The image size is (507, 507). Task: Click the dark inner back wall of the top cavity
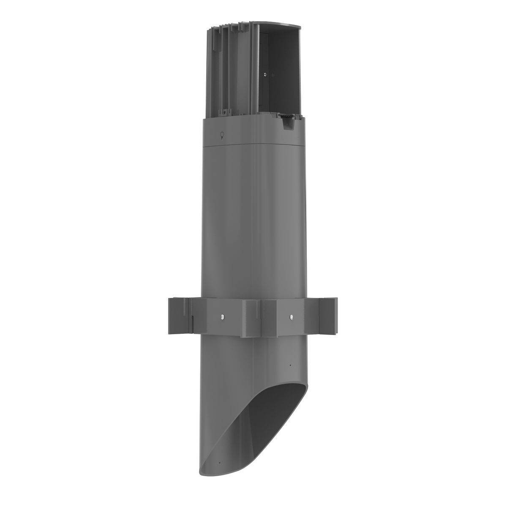pos(279,76)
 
